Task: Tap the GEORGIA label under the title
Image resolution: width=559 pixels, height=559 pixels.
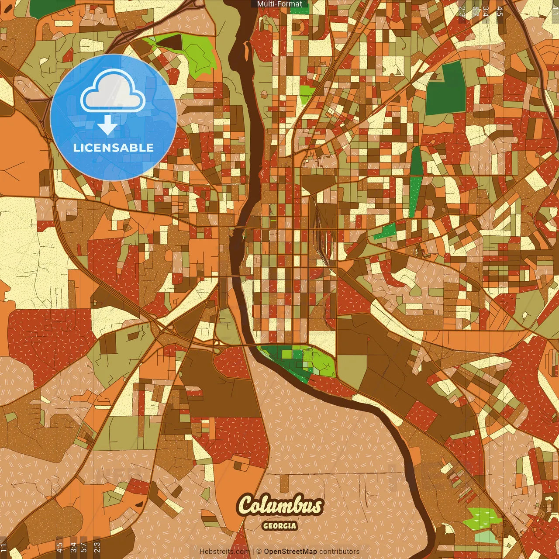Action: click(x=280, y=526)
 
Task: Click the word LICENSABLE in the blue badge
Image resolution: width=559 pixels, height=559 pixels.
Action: click(x=114, y=148)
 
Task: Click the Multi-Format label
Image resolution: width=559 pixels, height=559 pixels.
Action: click(x=279, y=4)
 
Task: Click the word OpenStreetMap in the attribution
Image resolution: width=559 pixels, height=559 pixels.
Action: click(x=290, y=552)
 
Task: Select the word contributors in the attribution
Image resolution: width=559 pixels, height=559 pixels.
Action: click(x=339, y=552)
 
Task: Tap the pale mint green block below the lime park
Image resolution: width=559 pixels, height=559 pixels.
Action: click(x=487, y=537)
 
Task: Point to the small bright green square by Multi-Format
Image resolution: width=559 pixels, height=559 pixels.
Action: click(x=299, y=10)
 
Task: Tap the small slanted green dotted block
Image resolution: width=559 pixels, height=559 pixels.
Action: click(x=384, y=231)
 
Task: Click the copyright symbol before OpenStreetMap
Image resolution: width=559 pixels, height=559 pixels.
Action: click(x=259, y=552)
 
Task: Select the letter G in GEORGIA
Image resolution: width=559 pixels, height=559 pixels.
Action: click(x=266, y=526)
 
